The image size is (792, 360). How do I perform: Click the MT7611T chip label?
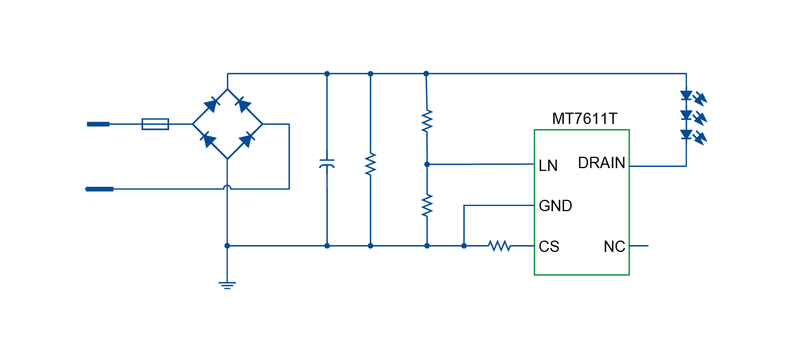point(584,119)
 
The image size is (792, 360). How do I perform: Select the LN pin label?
point(548,166)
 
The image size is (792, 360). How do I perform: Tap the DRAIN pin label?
point(601,164)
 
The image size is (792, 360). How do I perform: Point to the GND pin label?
point(555,206)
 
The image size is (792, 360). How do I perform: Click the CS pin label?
point(549,247)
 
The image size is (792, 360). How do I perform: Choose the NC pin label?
point(614,247)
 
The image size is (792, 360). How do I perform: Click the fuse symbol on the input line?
point(155,124)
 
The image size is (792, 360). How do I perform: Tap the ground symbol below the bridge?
point(227,285)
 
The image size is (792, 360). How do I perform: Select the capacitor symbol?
point(327,164)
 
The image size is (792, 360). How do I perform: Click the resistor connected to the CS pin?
point(500,246)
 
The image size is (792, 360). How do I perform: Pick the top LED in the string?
point(686,95)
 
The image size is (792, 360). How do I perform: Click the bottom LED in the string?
point(686,135)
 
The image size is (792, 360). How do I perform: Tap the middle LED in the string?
point(686,115)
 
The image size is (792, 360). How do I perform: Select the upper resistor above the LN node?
point(427,121)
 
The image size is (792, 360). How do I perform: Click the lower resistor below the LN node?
point(427,205)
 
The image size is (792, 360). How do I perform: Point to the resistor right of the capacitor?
point(371,164)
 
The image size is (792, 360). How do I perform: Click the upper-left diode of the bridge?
point(210,105)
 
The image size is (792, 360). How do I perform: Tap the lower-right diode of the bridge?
point(246,140)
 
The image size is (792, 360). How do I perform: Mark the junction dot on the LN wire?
point(427,164)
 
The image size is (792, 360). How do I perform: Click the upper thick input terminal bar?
point(98,124)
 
